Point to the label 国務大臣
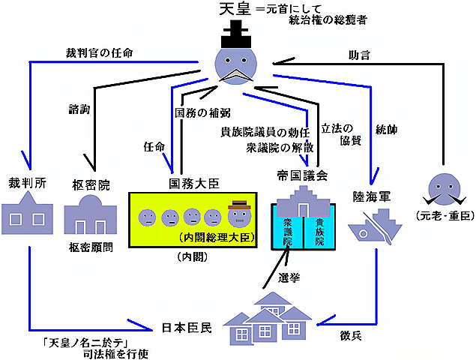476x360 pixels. coord(193,183)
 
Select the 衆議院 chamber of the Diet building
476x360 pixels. coord(287,232)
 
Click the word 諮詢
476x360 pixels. coord(79,109)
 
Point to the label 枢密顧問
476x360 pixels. coord(92,247)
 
